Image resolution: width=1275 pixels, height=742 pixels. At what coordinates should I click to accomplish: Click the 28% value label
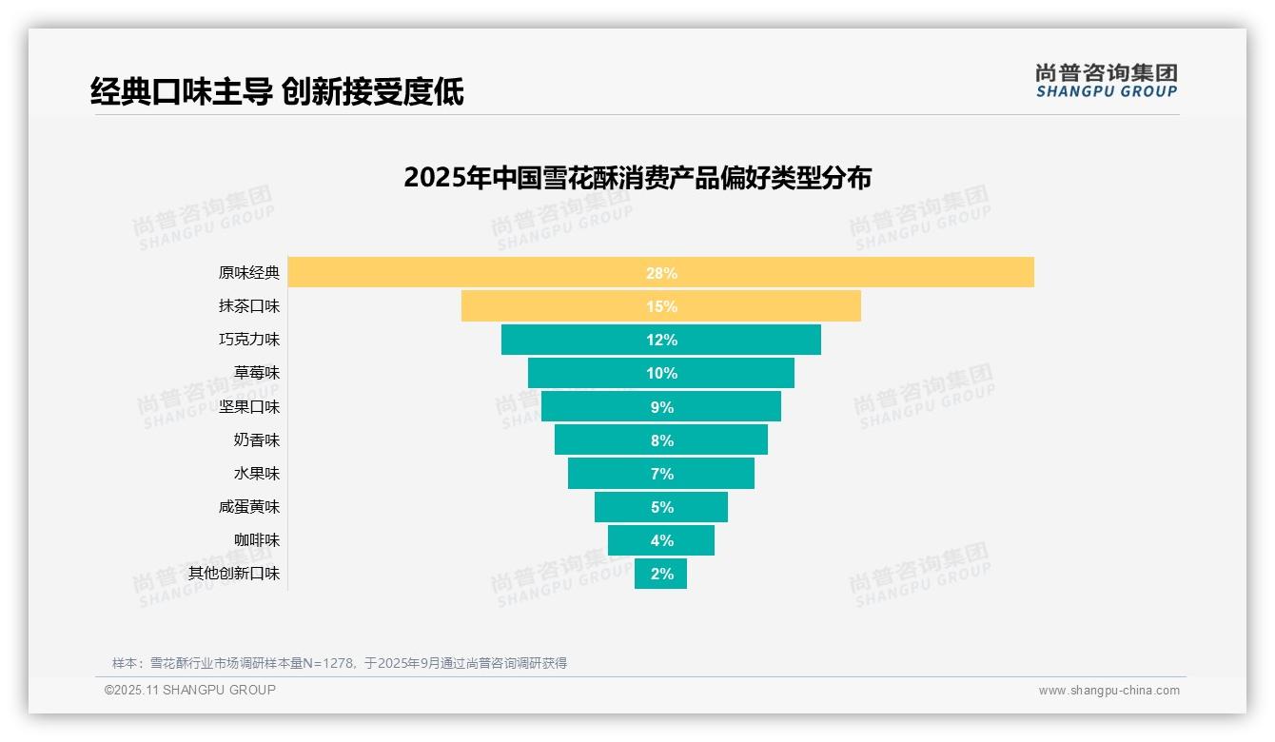click(x=661, y=273)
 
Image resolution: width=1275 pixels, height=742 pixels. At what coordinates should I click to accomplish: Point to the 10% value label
click(x=661, y=373)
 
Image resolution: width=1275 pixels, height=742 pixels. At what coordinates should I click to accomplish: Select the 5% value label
click(x=661, y=507)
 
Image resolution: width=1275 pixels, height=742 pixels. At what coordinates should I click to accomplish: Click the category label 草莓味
click(x=257, y=373)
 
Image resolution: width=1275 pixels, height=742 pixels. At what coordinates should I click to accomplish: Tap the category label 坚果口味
click(x=249, y=406)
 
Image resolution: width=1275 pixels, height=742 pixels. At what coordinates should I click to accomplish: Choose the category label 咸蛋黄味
click(x=249, y=507)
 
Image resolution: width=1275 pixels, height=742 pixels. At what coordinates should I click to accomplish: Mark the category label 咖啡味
click(x=257, y=540)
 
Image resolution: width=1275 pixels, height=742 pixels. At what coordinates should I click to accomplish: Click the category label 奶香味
click(x=257, y=440)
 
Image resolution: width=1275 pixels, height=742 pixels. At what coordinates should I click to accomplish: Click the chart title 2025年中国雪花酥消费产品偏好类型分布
click(x=637, y=178)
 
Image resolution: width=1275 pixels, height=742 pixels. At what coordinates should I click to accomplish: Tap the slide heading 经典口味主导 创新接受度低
click(x=277, y=92)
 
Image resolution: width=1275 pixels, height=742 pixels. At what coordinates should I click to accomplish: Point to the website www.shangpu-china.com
click(x=1108, y=691)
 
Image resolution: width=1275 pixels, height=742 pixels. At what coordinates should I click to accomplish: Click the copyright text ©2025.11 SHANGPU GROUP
click(x=190, y=690)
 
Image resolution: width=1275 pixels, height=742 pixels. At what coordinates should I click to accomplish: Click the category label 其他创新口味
click(x=234, y=574)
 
